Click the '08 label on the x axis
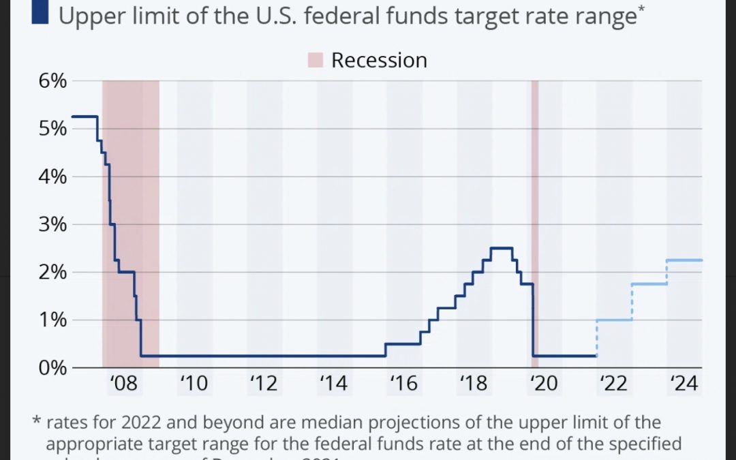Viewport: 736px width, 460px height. tap(123, 384)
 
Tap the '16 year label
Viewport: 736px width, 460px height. tap(403, 384)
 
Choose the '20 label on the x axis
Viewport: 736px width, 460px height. tap(543, 384)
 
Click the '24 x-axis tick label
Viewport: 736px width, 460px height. tap(683, 384)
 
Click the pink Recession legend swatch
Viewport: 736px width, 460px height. tap(314, 60)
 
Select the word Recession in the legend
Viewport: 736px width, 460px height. tap(379, 60)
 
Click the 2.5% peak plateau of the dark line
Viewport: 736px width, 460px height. tap(502, 248)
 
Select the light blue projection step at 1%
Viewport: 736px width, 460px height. tap(614, 320)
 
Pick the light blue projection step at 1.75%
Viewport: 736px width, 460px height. tap(649, 284)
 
